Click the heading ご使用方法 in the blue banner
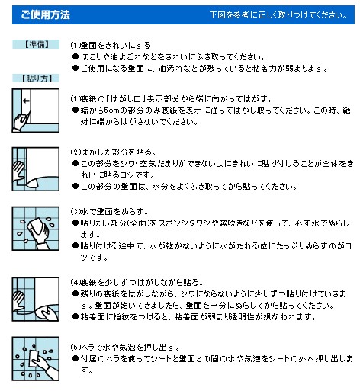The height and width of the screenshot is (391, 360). point(45,14)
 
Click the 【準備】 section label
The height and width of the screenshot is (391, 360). point(36,44)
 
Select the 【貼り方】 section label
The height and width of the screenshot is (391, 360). point(36,79)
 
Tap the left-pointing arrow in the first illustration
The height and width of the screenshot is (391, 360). point(26,101)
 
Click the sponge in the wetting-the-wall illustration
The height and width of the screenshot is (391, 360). point(35,226)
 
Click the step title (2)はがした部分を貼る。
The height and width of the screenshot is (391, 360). point(113,152)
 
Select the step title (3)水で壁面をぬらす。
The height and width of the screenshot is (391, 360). point(109,211)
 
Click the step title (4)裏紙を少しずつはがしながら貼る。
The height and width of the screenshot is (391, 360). point(137,282)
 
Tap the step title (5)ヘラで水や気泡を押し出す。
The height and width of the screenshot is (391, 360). point(125,347)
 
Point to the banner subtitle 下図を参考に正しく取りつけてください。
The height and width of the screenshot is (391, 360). point(278,15)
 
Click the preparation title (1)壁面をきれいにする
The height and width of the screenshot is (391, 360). point(111,46)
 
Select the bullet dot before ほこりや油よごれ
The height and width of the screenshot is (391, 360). point(76,56)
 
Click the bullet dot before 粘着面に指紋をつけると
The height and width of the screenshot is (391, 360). point(76,316)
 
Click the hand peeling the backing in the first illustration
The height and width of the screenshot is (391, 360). point(21,121)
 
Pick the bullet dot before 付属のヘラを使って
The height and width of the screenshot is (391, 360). point(76,358)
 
